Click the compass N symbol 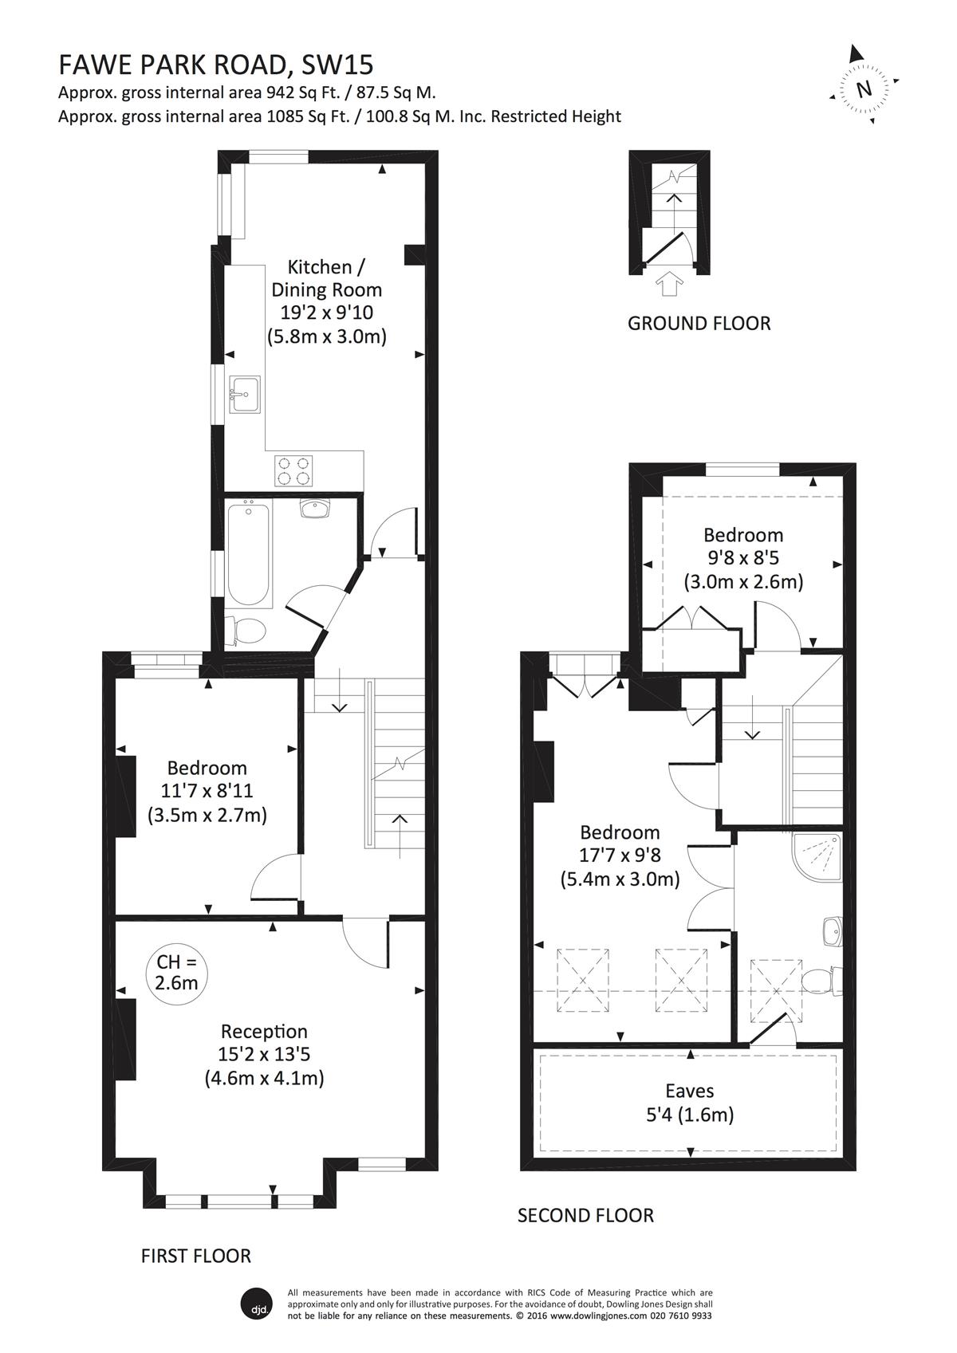coord(864,88)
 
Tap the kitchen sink coord(245,394)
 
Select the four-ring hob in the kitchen coord(293,470)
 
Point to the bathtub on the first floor coord(248,554)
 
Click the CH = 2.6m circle coord(176,973)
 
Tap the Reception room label coord(264,1031)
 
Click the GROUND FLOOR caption coord(699,324)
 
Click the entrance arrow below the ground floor coord(669,283)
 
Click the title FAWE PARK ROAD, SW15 coord(215,65)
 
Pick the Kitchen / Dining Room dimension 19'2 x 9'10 coord(326,313)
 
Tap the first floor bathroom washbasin coord(313,509)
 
